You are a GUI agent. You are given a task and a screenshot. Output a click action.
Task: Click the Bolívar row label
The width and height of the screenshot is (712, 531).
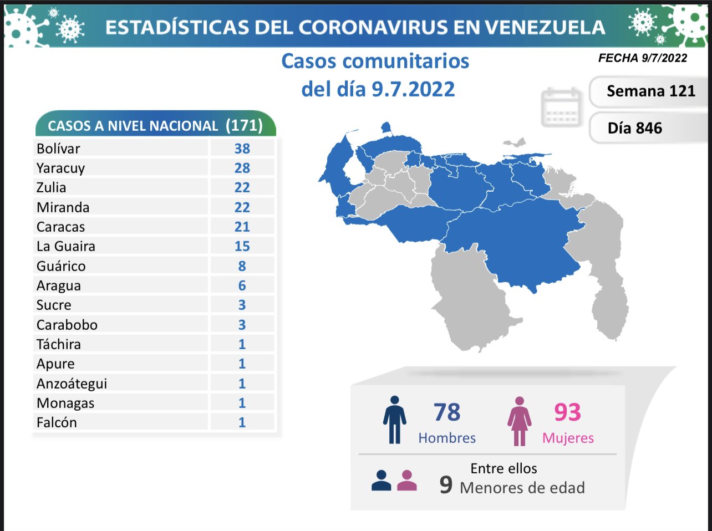pos(58,149)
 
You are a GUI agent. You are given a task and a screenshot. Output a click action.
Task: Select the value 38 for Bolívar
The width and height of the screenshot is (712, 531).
pos(242,149)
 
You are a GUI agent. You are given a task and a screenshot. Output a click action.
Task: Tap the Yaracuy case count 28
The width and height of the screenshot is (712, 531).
pos(242,168)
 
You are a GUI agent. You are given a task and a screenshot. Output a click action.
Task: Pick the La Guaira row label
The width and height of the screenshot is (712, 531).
pos(65,246)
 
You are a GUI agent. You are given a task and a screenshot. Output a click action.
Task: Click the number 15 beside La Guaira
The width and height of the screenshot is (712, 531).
pos(242,246)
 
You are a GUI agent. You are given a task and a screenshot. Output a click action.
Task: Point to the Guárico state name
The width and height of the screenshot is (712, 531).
pos(61,266)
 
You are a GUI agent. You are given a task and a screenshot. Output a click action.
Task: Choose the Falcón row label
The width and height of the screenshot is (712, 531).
pos(57,422)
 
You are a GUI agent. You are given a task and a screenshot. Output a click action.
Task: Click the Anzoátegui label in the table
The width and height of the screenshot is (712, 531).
pos(72,384)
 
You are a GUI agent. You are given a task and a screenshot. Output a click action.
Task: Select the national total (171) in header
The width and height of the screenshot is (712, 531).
pos(244,125)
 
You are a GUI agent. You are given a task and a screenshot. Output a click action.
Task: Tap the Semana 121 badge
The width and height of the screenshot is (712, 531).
pos(650,91)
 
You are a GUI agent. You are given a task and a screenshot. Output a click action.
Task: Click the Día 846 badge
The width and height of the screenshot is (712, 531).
pos(635,128)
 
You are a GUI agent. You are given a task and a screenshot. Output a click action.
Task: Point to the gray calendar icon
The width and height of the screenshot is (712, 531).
pos(561,107)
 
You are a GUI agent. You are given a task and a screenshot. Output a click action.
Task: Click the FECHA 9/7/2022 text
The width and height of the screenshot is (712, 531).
pos(643,58)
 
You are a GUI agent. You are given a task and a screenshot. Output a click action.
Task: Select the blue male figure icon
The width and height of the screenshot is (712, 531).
pos(394,420)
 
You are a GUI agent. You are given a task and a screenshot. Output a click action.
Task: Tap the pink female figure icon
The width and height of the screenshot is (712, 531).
pos(519,421)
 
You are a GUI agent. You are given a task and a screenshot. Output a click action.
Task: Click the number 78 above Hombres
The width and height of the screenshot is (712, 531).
pos(447,412)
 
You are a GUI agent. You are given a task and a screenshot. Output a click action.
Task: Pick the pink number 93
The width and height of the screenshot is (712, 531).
pos(567,412)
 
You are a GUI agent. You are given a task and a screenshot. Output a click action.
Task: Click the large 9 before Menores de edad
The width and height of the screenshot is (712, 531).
pos(446,485)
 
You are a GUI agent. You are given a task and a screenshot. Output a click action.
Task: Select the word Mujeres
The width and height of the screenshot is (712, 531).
pos(568,438)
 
